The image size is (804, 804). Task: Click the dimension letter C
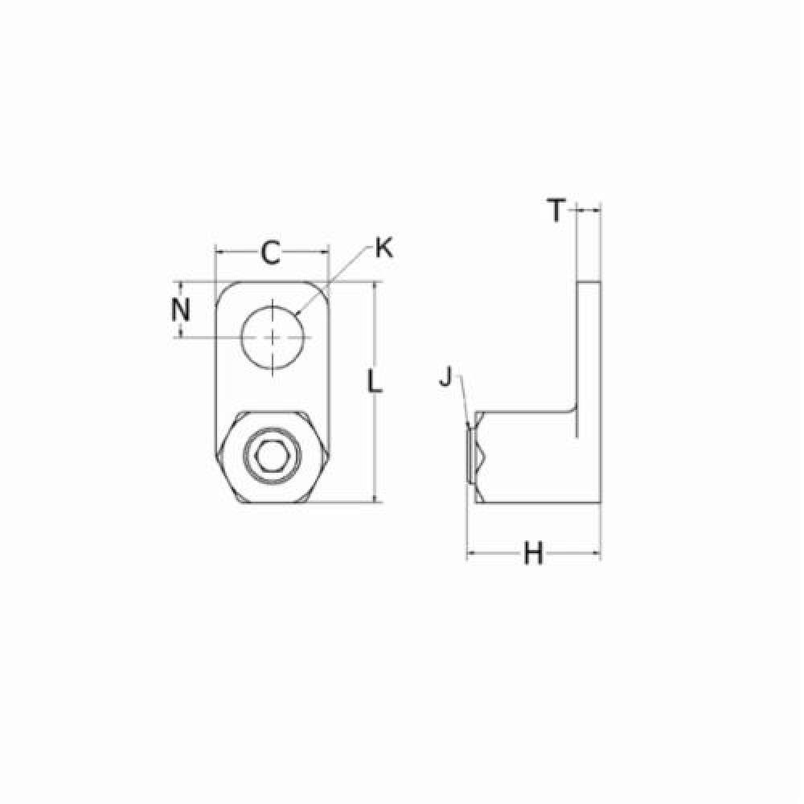point(271,252)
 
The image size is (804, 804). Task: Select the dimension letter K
point(384,248)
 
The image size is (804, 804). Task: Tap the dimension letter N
point(180,310)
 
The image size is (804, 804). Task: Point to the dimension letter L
point(375,382)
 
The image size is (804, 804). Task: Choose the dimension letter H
point(533,553)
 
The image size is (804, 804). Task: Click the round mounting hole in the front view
point(273,337)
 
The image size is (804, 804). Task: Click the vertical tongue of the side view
point(589,359)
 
